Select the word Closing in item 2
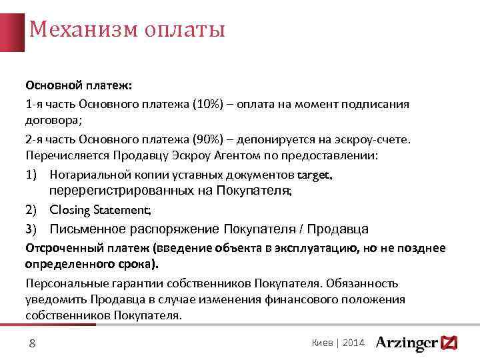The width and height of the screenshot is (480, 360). point(71,210)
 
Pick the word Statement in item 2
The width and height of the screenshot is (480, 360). point(123,210)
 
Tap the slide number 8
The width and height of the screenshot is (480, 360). point(32,343)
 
